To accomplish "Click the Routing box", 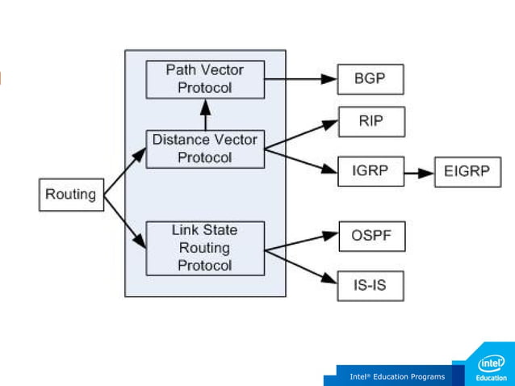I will pyautogui.click(x=72, y=195).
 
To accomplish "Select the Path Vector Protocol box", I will pyautogui.click(x=205, y=79).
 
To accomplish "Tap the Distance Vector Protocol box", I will pyautogui.click(x=205, y=149).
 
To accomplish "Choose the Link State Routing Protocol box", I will pyautogui.click(x=205, y=248).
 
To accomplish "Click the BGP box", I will pyautogui.click(x=370, y=80).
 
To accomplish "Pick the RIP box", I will pyautogui.click(x=371, y=122).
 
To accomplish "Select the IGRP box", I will pyautogui.click(x=371, y=171).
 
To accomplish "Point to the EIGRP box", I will pyautogui.click(x=467, y=172).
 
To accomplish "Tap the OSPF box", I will pyautogui.click(x=371, y=237).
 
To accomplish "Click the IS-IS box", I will pyautogui.click(x=371, y=286).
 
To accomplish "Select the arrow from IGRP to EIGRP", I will pyautogui.click(x=419, y=173).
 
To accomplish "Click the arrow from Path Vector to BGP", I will pyautogui.click(x=300, y=79).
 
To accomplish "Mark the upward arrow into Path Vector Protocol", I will pyautogui.click(x=205, y=114).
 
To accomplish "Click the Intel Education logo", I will pyautogui.click(x=491, y=368).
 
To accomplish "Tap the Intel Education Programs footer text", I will pyautogui.click(x=397, y=376).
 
